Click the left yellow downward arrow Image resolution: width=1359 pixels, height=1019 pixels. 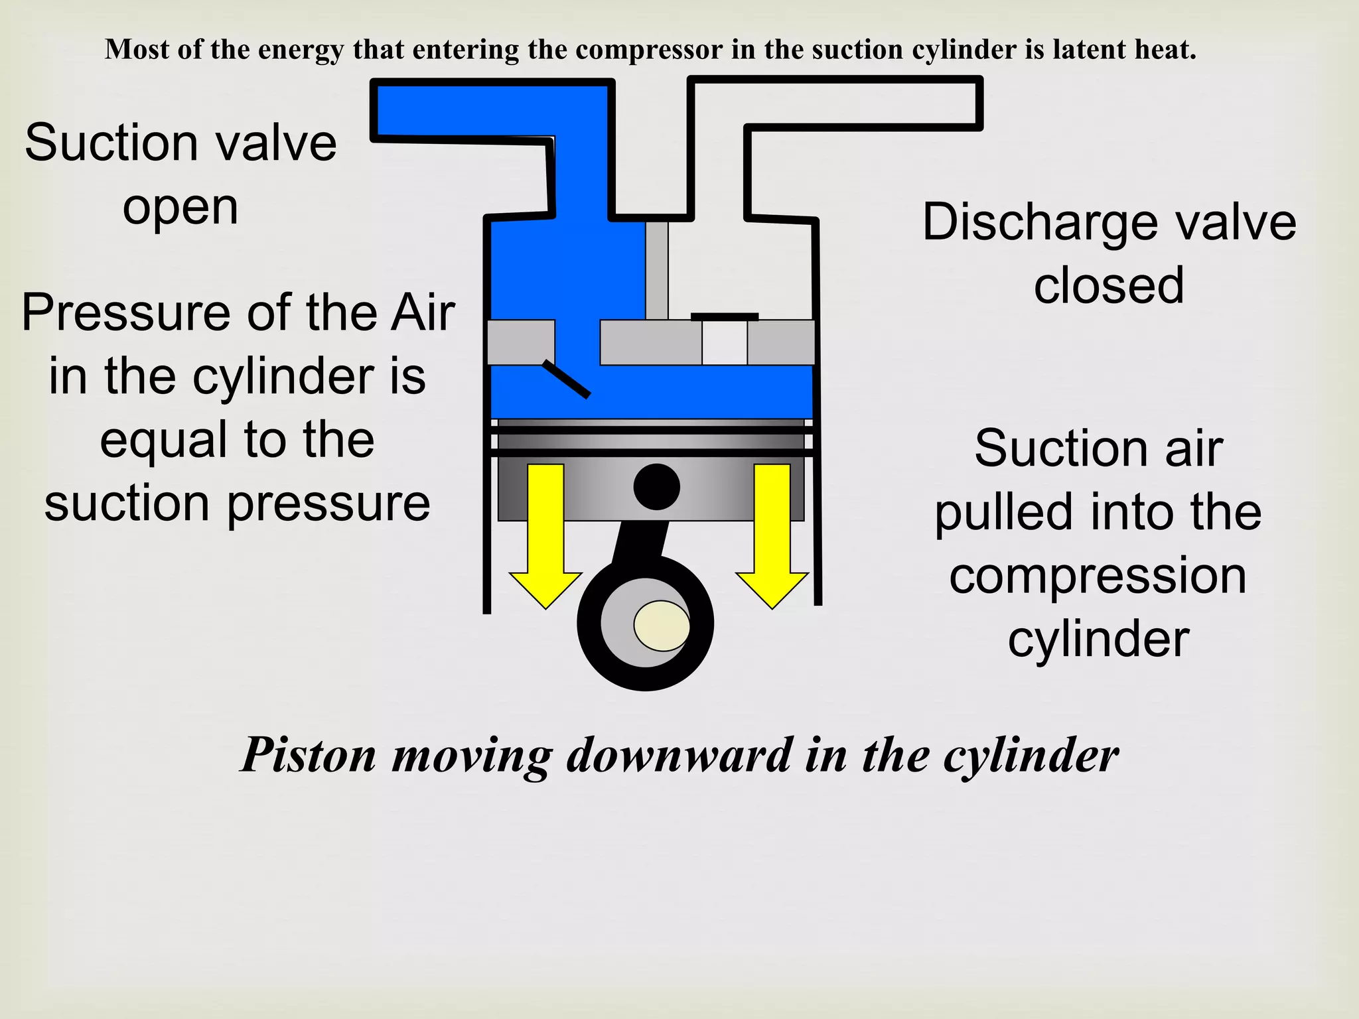pos(545,531)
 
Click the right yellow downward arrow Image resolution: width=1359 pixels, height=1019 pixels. pos(772,531)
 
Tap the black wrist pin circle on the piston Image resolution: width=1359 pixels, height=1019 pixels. pos(656,487)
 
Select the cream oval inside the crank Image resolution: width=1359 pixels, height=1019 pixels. pos(662,626)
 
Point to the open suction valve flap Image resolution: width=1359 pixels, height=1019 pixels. pos(566,379)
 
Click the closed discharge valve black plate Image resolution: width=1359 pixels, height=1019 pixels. pos(724,316)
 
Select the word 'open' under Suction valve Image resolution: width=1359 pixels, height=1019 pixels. pos(180,208)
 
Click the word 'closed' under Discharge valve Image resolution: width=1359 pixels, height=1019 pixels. pos(1109,285)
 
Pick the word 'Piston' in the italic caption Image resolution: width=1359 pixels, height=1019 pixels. pos(309,756)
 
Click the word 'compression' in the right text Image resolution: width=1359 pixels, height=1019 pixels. pos(1098,576)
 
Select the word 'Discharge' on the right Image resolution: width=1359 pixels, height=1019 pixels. pos(1042,222)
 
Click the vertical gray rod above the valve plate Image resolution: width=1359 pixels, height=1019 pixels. pos(657,271)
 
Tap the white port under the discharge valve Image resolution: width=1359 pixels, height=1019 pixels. pos(724,343)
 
